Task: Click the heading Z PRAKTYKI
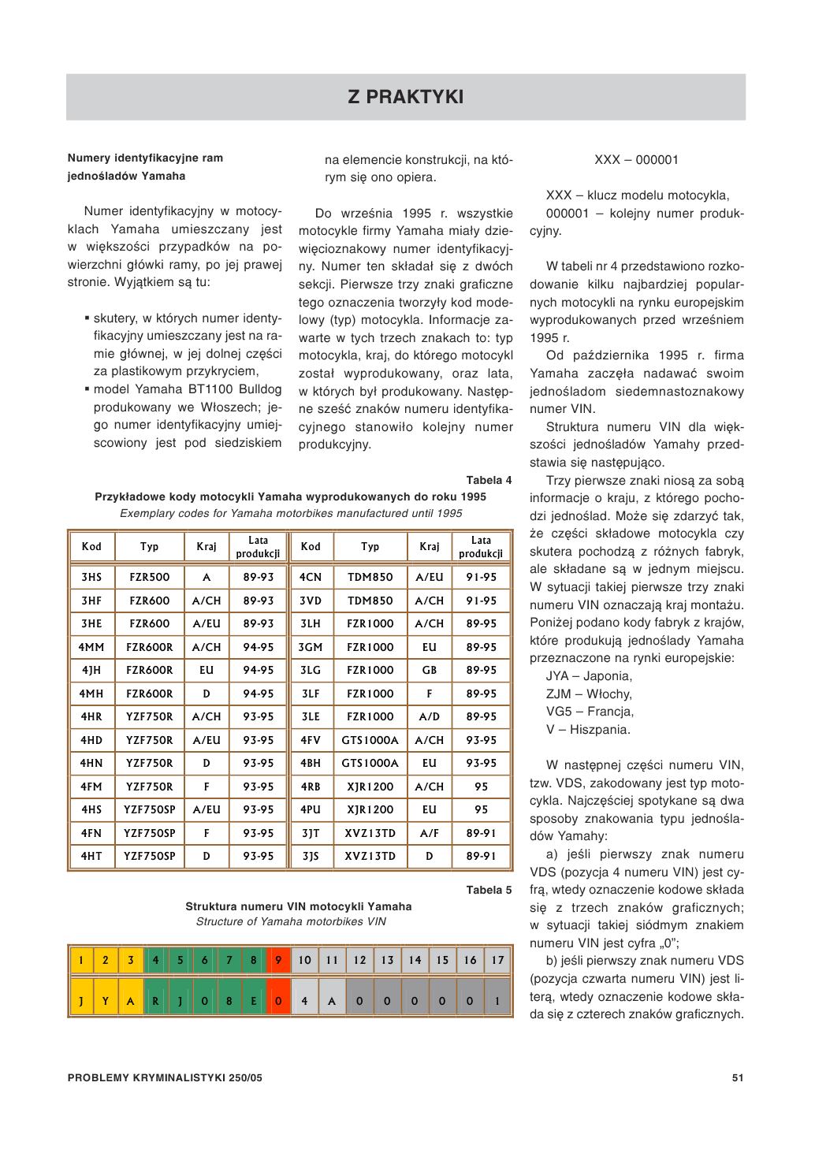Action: (406, 97)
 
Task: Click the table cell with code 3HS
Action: (91, 577)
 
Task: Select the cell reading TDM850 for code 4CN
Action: (370, 577)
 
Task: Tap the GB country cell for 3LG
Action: (429, 670)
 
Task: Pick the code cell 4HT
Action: (91, 856)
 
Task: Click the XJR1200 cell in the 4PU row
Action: (370, 809)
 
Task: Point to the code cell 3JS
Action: (311, 856)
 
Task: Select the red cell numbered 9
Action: (278, 960)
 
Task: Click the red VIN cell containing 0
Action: (278, 1001)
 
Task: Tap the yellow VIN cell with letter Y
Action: (106, 1001)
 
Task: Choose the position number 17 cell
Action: (497, 960)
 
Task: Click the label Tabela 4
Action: (489, 480)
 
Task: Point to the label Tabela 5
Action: (489, 890)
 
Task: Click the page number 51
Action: (738, 1077)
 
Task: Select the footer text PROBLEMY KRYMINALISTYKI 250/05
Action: (165, 1077)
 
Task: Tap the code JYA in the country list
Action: (557, 676)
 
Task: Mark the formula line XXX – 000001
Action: (636, 160)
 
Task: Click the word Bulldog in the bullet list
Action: (260, 389)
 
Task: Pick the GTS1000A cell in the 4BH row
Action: (370, 763)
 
